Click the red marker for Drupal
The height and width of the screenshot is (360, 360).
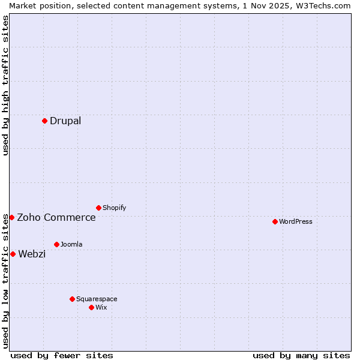click(44, 121)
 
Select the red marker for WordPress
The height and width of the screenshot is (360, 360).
click(275, 221)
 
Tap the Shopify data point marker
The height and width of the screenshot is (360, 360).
click(98, 208)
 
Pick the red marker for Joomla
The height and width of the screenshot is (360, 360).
click(56, 244)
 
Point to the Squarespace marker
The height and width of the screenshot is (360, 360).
click(72, 299)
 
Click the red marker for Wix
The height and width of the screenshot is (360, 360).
click(91, 307)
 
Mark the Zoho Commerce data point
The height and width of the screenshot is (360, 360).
click(11, 217)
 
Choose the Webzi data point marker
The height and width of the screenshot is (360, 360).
click(13, 254)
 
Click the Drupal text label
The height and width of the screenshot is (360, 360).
click(65, 121)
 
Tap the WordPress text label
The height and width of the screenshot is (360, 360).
click(296, 221)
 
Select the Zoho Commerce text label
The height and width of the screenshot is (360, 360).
click(56, 217)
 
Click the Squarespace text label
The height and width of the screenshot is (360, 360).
click(97, 299)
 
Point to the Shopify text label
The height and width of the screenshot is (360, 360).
click(115, 208)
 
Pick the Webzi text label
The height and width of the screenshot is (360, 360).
click(32, 254)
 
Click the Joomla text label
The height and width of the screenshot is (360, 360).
click(71, 244)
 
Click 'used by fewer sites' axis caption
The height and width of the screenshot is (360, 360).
click(62, 355)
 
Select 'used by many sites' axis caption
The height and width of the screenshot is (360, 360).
click(301, 355)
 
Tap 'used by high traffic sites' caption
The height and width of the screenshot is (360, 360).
click(5, 85)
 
